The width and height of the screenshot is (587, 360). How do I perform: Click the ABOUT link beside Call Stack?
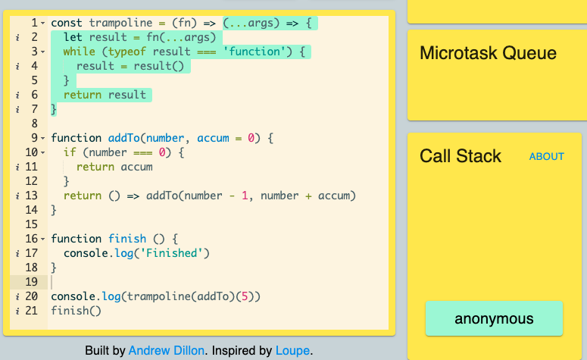pyautogui.click(x=546, y=156)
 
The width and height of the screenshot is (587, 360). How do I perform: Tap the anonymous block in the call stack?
pyautogui.click(x=494, y=318)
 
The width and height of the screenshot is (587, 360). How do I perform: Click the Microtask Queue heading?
pyautogui.click(x=488, y=53)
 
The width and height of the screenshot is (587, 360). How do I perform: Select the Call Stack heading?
pyautogui.click(x=460, y=156)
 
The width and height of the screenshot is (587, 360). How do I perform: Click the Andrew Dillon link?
pyautogui.click(x=166, y=351)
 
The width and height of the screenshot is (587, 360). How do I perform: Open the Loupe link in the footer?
pyautogui.click(x=292, y=351)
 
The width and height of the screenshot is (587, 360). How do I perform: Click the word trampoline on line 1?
pyautogui.click(x=120, y=23)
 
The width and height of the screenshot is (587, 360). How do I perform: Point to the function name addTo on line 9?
pyautogui.click(x=124, y=138)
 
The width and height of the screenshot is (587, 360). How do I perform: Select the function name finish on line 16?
pyautogui.click(x=127, y=239)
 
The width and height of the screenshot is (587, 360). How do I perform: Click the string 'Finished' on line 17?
pyautogui.click(x=171, y=253)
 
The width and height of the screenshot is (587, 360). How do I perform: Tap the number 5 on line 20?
pyautogui.click(x=245, y=296)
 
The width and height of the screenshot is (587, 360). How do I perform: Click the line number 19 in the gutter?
pyautogui.click(x=32, y=282)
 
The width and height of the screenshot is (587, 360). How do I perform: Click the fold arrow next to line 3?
pyautogui.click(x=42, y=52)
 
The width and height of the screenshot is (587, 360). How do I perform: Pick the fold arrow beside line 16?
pyautogui.click(x=42, y=239)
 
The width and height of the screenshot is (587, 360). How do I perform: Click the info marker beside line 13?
pyautogui.click(x=17, y=196)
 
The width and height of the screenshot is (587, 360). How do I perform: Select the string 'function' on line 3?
pyautogui.click(x=254, y=52)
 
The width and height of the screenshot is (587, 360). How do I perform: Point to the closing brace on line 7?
pyautogui.click(x=54, y=109)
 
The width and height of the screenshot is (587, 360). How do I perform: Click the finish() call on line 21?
pyautogui.click(x=76, y=311)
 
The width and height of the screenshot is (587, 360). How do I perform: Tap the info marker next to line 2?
pyautogui.click(x=17, y=37)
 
